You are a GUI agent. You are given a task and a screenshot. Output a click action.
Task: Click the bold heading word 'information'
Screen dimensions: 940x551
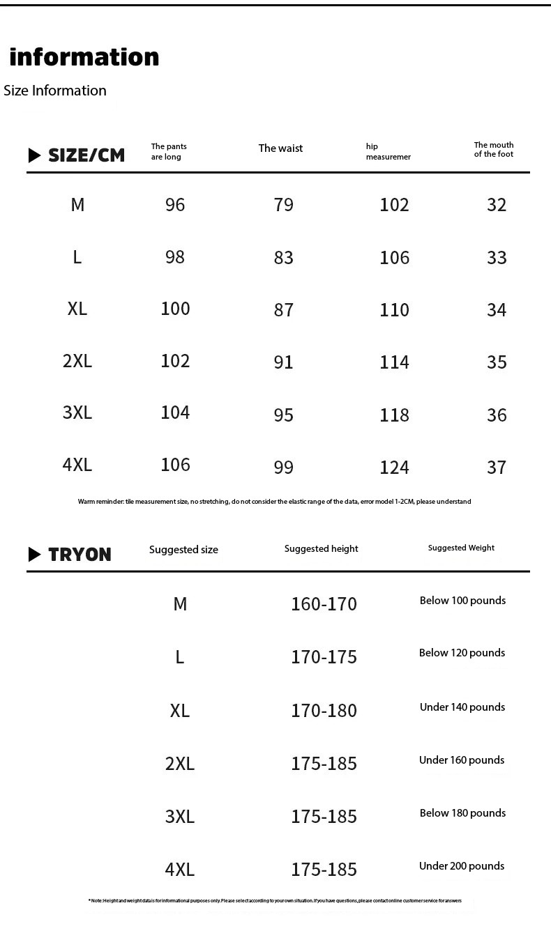84,57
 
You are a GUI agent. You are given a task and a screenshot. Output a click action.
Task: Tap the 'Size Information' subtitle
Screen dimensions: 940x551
55,91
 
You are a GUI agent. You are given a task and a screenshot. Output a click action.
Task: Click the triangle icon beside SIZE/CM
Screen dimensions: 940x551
35,155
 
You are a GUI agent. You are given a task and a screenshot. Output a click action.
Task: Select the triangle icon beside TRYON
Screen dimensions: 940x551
35,555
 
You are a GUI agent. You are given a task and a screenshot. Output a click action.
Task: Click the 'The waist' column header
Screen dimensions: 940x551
280,148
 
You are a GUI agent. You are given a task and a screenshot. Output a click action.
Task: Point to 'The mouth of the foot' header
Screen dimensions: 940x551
494,150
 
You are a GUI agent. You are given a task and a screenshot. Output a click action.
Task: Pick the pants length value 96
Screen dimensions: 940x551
175,205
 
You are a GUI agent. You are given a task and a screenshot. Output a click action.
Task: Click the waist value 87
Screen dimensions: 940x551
284,310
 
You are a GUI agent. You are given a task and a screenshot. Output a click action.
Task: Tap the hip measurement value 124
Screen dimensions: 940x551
394,468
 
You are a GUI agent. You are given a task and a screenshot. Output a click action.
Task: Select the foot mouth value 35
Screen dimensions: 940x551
497,362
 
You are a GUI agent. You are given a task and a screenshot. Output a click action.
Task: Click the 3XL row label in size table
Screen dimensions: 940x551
77,413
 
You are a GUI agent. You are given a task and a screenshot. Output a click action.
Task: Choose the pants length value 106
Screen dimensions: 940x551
175,465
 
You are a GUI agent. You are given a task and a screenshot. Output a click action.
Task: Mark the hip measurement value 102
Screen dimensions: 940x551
394,205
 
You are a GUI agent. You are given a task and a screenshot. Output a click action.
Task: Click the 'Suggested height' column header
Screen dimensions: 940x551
321,549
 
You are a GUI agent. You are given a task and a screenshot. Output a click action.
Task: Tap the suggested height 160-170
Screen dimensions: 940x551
324,604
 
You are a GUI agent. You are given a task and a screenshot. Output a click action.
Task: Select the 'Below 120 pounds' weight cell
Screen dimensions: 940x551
462,653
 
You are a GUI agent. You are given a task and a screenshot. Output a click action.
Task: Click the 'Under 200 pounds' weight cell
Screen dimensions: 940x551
462,866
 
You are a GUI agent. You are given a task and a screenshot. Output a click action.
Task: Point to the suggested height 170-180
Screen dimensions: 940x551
324,711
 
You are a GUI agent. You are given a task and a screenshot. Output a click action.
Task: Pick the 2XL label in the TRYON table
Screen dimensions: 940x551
180,764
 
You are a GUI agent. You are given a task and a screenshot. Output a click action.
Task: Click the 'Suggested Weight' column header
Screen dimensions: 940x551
461,548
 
